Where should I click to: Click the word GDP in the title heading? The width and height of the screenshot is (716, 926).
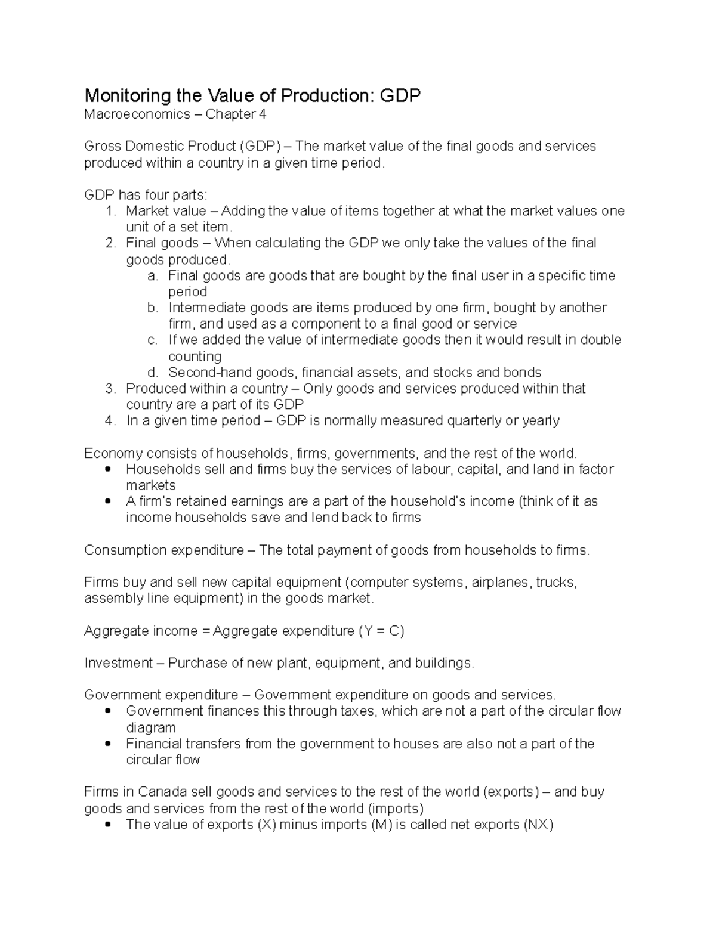[x=400, y=95]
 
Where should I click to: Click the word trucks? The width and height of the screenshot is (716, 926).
[x=556, y=583]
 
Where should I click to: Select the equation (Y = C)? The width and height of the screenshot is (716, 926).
[x=381, y=631]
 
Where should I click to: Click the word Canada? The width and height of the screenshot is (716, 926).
[x=162, y=792]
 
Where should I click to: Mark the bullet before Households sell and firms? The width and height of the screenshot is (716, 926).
[x=108, y=470]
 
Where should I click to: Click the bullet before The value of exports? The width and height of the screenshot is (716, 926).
[x=108, y=825]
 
